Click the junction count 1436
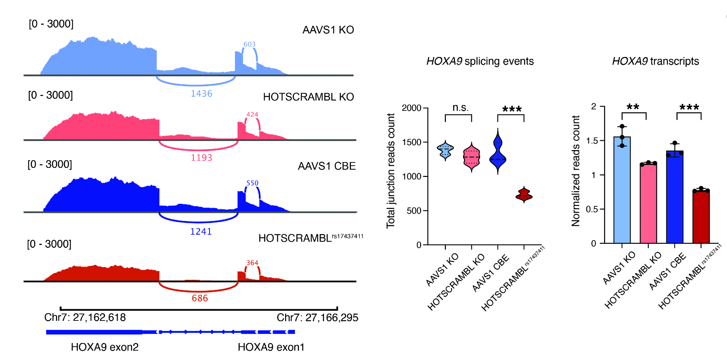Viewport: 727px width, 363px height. (x=201, y=94)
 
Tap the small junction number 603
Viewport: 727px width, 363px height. (x=249, y=44)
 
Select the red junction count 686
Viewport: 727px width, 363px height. (x=200, y=298)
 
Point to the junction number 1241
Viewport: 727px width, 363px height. (x=201, y=231)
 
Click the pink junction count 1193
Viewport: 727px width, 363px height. (x=201, y=158)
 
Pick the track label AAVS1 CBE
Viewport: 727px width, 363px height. (x=327, y=166)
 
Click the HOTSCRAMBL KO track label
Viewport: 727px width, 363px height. (x=308, y=97)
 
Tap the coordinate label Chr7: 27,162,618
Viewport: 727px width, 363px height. (x=85, y=318)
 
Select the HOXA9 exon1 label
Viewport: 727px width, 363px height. (x=271, y=347)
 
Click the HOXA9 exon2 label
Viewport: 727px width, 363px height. (x=105, y=347)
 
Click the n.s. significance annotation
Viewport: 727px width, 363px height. (x=460, y=108)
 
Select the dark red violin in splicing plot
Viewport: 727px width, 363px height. (x=524, y=195)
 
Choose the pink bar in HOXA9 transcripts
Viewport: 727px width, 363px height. (x=648, y=203)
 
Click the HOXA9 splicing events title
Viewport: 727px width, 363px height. (x=480, y=61)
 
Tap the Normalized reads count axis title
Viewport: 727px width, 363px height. (x=575, y=171)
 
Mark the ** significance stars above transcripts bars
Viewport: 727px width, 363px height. (x=633, y=107)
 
